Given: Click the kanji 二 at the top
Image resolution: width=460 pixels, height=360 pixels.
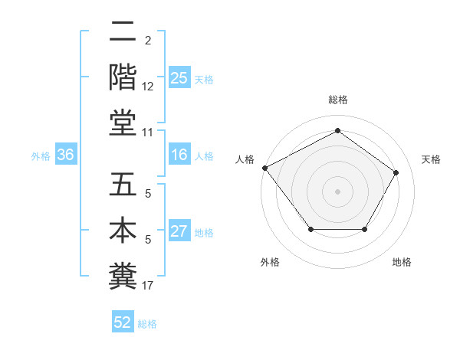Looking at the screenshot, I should (123, 32).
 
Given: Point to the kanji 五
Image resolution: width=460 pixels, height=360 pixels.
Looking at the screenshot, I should (123, 185).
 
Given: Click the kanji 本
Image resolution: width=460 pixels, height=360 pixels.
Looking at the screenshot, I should (123, 230).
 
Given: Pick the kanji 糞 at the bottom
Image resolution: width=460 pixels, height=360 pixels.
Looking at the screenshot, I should (123, 273).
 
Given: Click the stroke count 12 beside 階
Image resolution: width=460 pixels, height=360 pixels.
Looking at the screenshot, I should (148, 87).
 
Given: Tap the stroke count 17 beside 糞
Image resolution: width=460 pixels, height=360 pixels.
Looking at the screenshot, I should (148, 286).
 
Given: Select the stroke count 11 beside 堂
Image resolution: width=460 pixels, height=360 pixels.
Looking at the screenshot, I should (148, 132).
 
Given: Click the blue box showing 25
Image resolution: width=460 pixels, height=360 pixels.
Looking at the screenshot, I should (179, 78).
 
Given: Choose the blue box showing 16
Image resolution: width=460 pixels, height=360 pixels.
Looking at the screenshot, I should (179, 155).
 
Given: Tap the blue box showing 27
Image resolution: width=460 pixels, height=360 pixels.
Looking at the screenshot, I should (179, 232).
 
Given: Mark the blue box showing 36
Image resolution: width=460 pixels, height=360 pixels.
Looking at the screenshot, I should (65, 155).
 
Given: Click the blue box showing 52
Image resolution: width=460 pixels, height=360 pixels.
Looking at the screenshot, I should (123, 323).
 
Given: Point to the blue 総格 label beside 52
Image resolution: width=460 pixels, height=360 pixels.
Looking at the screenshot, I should (147, 324).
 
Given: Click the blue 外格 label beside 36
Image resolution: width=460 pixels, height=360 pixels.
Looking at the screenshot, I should (41, 156).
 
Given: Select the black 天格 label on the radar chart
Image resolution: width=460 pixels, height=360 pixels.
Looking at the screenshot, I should (432, 159).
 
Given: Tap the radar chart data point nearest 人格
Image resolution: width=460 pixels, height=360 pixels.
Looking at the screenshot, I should (264, 167).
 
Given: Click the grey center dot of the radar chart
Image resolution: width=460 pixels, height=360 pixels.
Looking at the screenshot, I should (337, 191).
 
